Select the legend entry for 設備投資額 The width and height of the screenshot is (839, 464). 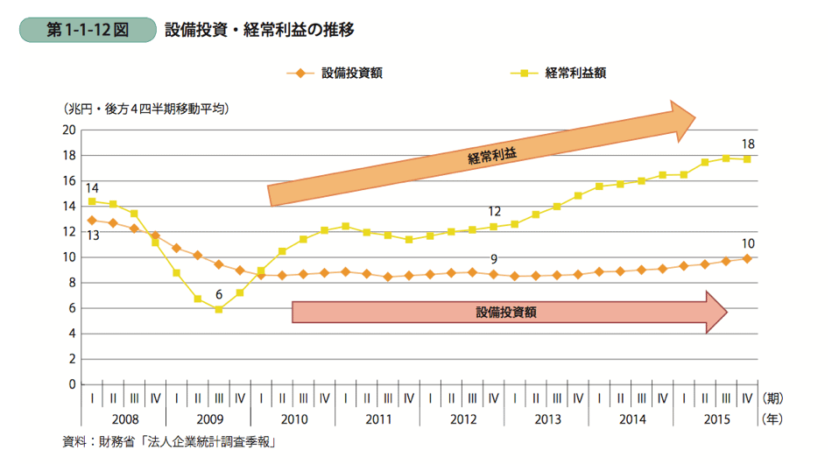337,74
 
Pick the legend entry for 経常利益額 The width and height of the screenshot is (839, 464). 561,74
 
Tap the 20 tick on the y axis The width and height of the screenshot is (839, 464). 68,130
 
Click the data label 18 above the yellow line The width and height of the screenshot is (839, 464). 747,144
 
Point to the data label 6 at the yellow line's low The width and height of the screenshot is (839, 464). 219,294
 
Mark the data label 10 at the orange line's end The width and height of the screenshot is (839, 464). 747,243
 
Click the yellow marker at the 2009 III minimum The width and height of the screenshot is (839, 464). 219,309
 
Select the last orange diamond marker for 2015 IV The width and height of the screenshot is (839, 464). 747,258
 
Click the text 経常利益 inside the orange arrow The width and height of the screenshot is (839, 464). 492,156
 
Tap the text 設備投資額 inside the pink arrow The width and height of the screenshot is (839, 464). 506,311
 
